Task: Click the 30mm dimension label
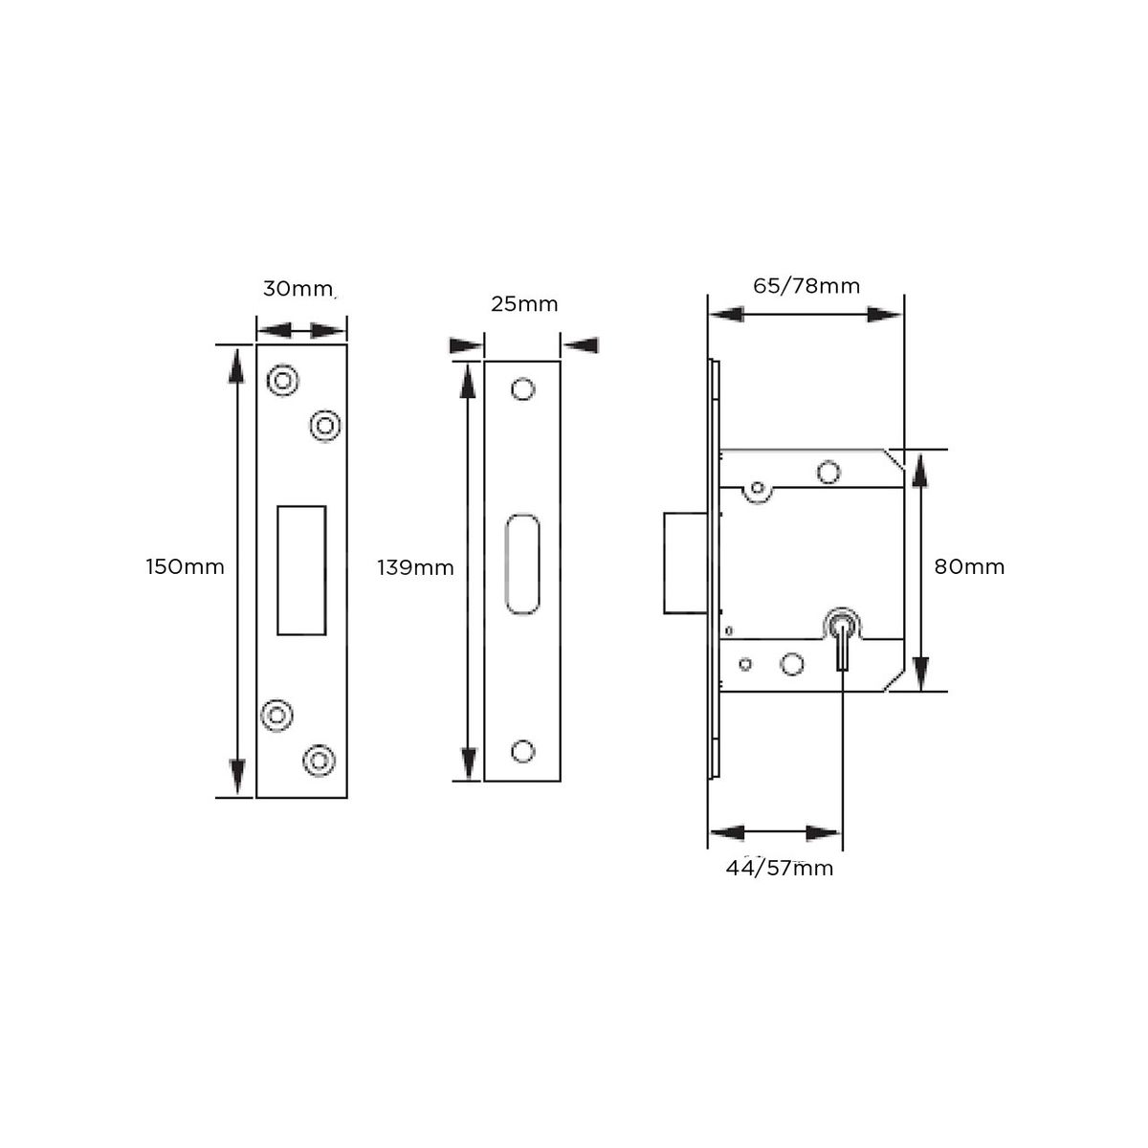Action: click(298, 289)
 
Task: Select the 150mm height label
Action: click(185, 566)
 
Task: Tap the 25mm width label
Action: click(523, 304)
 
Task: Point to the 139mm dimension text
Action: click(415, 568)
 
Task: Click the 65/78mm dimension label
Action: click(806, 286)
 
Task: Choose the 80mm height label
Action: click(969, 566)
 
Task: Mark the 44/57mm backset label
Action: click(780, 869)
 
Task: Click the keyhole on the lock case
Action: click(841, 630)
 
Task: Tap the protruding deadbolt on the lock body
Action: click(684, 563)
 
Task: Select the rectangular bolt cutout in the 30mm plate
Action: click(301, 570)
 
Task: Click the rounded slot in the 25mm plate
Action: click(522, 563)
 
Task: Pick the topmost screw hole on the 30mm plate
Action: click(282, 381)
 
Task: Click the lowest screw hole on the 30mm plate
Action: click(319, 761)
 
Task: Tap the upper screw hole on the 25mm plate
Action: click(522, 389)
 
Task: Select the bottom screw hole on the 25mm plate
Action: click(522, 751)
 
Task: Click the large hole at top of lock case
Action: click(828, 472)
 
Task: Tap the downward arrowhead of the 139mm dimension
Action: click(468, 762)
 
